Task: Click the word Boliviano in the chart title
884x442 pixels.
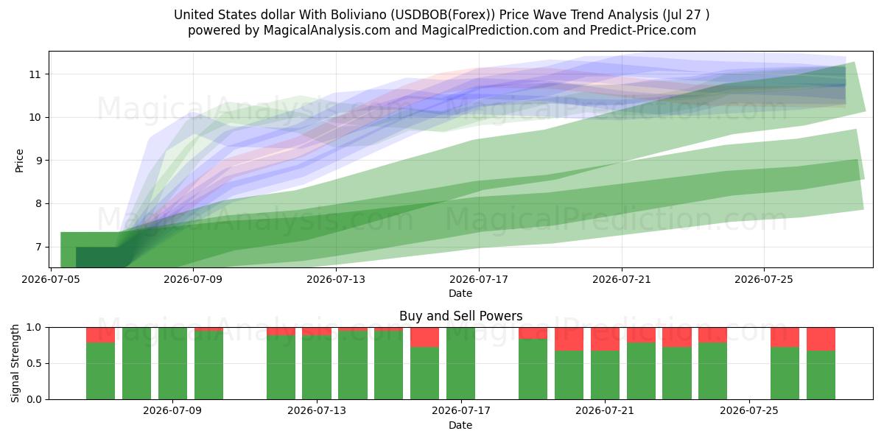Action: [359, 15]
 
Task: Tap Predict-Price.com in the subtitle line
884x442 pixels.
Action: [643, 30]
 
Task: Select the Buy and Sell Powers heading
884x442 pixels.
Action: [460, 316]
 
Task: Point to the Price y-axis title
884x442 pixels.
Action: [19, 161]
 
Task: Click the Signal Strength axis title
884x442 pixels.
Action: [15, 363]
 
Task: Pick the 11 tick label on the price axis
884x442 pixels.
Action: [35, 74]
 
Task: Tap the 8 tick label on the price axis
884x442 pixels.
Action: [38, 203]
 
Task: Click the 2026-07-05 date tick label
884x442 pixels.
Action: [51, 279]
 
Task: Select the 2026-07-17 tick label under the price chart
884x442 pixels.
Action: [479, 279]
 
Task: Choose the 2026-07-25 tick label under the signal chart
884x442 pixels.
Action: [749, 411]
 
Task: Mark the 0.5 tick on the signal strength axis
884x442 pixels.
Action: [34, 363]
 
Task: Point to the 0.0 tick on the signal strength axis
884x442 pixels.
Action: [34, 399]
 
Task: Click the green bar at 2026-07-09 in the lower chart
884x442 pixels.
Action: [172, 363]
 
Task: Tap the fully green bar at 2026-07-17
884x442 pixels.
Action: [460, 363]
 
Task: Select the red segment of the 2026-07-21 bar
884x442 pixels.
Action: [605, 339]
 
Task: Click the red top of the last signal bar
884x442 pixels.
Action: [821, 339]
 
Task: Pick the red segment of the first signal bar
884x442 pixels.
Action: [101, 335]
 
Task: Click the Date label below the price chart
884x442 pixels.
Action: [460, 293]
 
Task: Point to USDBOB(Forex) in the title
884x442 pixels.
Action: [443, 15]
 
